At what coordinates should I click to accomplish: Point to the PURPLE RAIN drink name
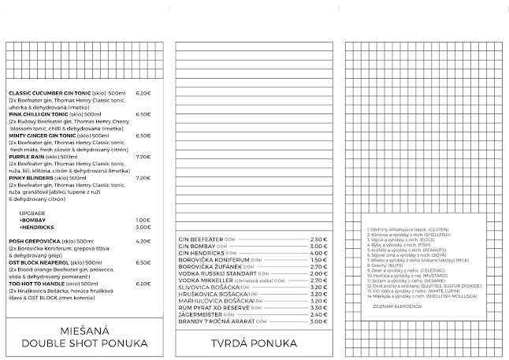click(x=28, y=156)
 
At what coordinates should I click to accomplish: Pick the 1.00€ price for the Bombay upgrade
click(x=143, y=220)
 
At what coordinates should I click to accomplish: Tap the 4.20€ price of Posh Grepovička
click(x=143, y=240)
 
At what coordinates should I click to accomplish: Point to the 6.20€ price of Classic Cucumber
click(x=143, y=94)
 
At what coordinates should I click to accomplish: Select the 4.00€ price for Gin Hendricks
click(x=318, y=252)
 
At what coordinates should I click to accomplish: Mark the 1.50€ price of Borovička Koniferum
click(x=318, y=259)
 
